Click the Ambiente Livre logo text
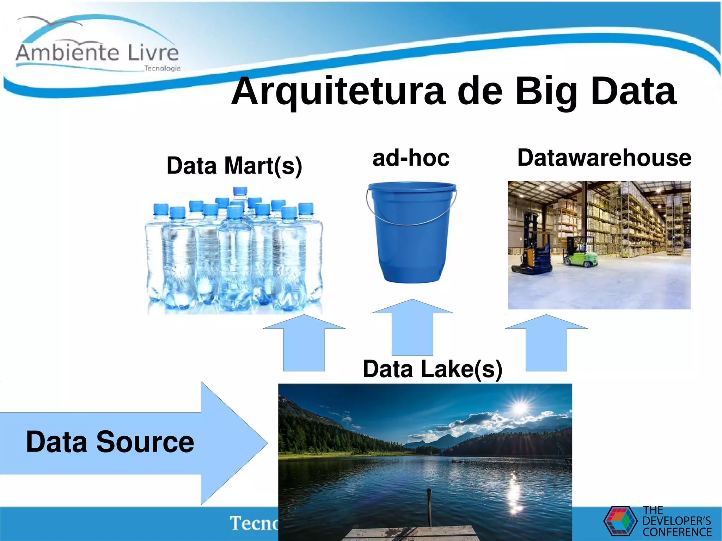point(97,53)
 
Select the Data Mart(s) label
point(234,165)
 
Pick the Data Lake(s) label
point(433,369)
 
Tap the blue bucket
point(411,243)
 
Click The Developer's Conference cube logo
point(620,521)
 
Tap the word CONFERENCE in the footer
point(677,532)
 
